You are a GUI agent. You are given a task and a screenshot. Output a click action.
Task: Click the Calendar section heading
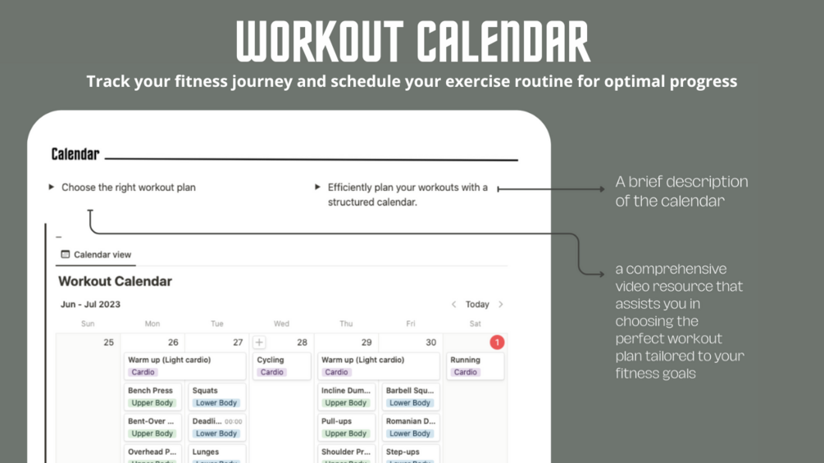click(75, 154)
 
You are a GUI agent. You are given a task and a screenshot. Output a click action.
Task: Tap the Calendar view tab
click(96, 255)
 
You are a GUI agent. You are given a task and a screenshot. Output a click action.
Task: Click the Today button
click(477, 304)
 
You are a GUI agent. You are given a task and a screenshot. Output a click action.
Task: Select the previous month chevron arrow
click(453, 304)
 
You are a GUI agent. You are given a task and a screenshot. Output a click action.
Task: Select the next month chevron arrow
click(501, 304)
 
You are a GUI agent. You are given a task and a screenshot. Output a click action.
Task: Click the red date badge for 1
click(496, 343)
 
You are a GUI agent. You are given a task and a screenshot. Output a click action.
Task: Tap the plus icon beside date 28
click(259, 343)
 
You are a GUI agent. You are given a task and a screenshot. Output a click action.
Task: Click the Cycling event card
click(281, 365)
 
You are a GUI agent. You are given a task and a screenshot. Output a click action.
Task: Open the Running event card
click(475, 365)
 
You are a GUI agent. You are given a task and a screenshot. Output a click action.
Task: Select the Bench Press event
click(153, 397)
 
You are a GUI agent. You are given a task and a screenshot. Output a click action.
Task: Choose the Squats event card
click(216, 397)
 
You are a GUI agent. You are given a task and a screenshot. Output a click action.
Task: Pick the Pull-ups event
click(346, 427)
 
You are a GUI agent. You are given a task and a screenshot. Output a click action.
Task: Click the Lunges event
click(216, 453)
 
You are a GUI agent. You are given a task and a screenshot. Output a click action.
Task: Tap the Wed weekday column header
click(281, 324)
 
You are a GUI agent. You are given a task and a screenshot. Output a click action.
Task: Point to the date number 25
click(108, 343)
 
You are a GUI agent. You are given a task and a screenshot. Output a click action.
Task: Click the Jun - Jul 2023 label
click(90, 304)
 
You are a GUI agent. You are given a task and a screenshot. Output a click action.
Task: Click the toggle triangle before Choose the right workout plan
click(52, 188)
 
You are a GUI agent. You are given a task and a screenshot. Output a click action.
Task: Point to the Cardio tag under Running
click(465, 372)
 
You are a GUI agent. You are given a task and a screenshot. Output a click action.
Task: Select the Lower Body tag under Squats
click(216, 403)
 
